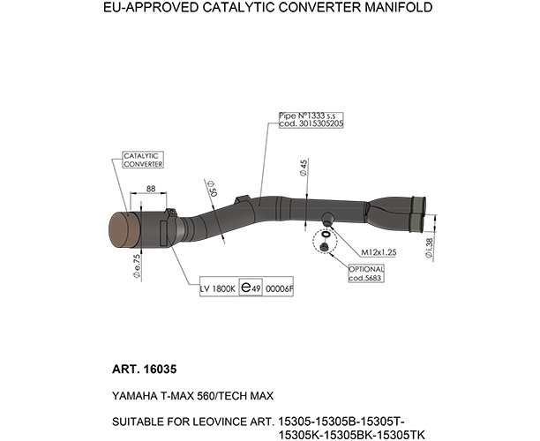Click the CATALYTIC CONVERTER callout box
tap(143, 160)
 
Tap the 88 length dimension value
tap(151, 189)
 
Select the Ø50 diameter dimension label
tap(212, 188)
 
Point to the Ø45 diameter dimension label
tap(304, 168)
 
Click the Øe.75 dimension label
tap(137, 266)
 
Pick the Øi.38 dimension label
tap(429, 248)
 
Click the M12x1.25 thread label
tap(379, 252)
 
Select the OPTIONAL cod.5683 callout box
tap(366, 273)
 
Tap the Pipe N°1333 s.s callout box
tap(311, 120)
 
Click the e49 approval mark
tap(251, 288)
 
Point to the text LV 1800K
tap(218, 288)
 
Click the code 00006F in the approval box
tap(280, 288)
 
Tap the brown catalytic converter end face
tap(123, 230)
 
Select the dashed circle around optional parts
tap(325, 242)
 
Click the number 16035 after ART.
tap(160, 370)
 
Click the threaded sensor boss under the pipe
tap(327, 219)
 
